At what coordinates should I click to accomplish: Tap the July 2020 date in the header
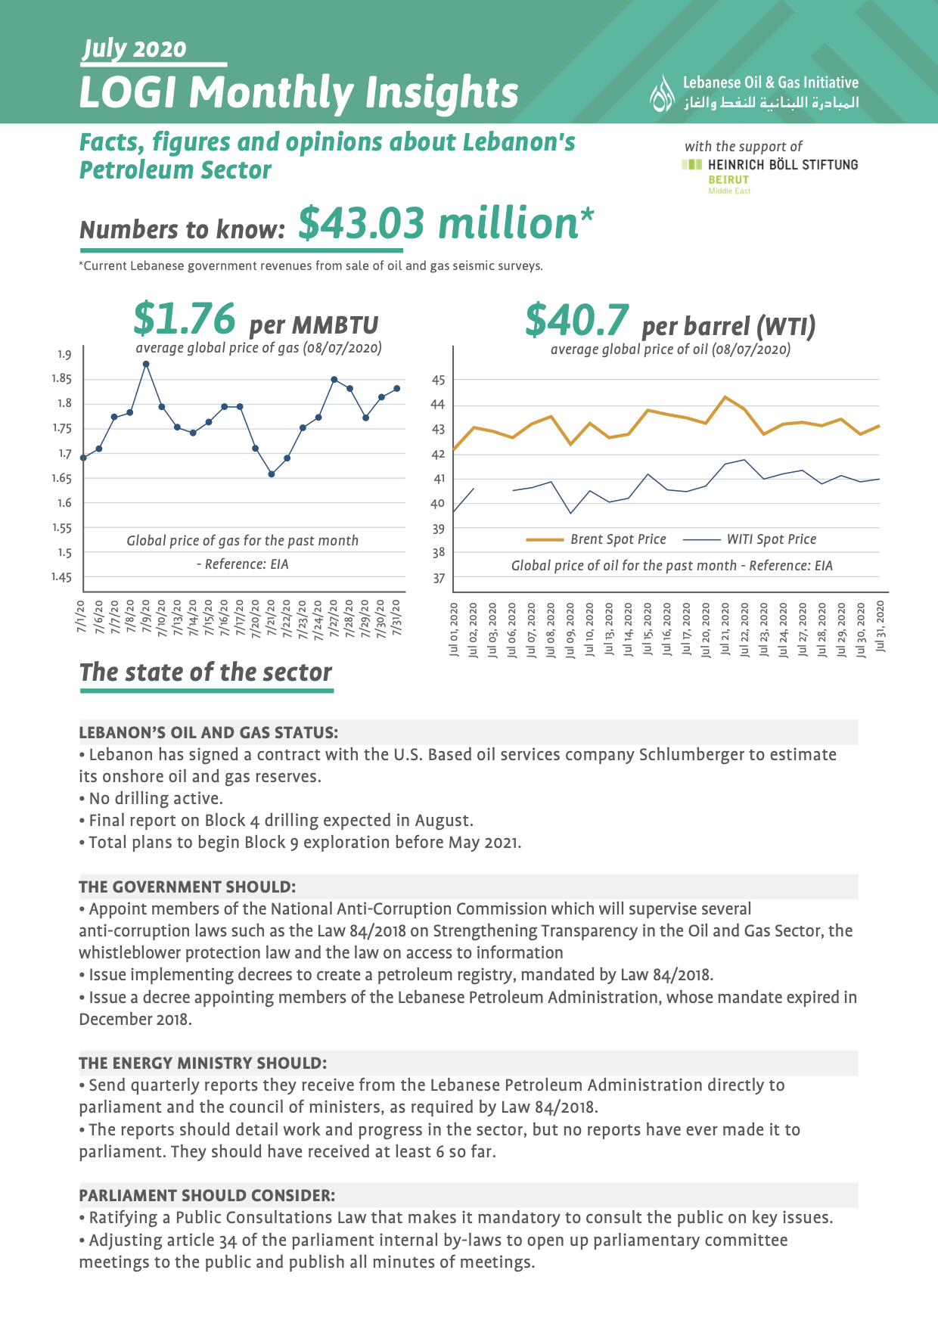[135, 49]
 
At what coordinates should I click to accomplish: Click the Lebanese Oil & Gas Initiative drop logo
[663, 93]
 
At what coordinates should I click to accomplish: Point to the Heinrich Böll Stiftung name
[783, 164]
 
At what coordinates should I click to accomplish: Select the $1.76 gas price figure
[185, 318]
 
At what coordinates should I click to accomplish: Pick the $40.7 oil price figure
[576, 320]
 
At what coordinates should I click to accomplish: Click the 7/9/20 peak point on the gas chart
[146, 364]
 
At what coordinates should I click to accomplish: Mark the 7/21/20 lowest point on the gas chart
[272, 474]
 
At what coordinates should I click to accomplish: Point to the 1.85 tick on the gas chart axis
[62, 379]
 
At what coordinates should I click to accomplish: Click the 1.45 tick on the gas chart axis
[62, 577]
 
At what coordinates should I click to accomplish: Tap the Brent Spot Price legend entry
[596, 539]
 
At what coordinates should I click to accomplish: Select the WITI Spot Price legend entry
[750, 539]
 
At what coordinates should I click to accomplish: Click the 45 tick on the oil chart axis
[439, 380]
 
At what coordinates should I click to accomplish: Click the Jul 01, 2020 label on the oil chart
[454, 629]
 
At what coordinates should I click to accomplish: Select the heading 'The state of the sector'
[206, 672]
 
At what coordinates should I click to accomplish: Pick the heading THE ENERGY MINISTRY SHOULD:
[203, 1064]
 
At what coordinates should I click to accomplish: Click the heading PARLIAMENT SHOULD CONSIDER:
[207, 1196]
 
